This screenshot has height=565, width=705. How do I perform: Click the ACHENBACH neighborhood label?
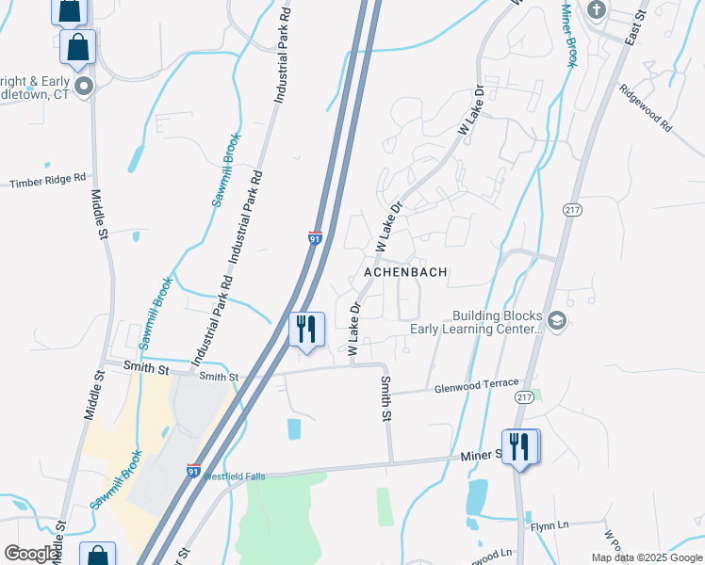(x=404, y=271)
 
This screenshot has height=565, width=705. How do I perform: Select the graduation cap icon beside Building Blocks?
(x=558, y=321)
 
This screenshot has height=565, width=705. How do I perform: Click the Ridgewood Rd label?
(x=647, y=109)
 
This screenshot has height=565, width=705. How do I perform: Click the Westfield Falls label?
(x=235, y=476)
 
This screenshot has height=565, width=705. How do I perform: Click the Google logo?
(x=31, y=554)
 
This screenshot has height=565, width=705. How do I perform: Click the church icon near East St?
(x=595, y=10)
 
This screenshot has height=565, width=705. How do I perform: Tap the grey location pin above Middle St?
(x=83, y=88)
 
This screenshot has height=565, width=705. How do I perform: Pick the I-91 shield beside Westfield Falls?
(x=192, y=471)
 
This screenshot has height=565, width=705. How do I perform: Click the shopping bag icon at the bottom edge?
(x=97, y=556)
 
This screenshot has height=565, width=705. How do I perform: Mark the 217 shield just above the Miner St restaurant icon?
(x=524, y=399)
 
